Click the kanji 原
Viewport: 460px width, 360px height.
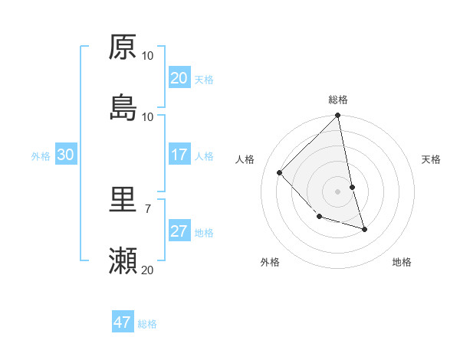point(123,47)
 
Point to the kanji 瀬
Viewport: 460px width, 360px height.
point(123,261)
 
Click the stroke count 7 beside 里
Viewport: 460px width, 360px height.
point(147,208)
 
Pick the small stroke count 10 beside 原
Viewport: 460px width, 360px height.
point(148,55)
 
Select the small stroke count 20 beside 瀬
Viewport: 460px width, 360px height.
point(148,269)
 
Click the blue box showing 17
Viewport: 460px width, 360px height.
point(179,155)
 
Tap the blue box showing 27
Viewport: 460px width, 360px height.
point(179,232)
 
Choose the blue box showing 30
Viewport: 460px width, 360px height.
point(66,155)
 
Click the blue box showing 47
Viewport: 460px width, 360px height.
point(123,322)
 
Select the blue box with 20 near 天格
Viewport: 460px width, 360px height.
point(179,78)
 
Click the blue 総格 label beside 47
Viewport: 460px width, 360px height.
point(147,324)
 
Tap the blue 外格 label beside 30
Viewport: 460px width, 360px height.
point(41,156)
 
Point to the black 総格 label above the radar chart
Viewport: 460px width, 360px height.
point(338,100)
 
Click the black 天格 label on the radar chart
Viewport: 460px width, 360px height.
point(432,159)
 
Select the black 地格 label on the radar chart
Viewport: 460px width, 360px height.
point(402,262)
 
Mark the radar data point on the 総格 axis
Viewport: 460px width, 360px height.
point(338,116)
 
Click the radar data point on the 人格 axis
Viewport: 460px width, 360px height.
point(280,172)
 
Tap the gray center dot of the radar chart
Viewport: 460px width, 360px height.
point(338,191)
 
